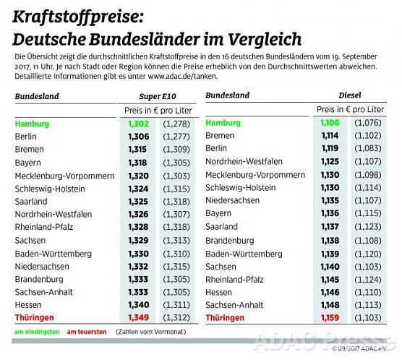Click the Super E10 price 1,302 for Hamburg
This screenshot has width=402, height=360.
click(x=138, y=124)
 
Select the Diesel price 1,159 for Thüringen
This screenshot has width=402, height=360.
click(x=328, y=317)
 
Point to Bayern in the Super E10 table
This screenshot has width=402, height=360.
click(x=29, y=163)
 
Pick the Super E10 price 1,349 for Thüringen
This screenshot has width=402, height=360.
click(x=138, y=317)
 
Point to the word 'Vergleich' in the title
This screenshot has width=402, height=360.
click(x=265, y=38)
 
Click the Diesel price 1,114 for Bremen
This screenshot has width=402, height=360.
click(x=328, y=136)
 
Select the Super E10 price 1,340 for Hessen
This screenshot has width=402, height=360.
click(x=138, y=304)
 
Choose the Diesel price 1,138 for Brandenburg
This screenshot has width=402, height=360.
click(x=328, y=239)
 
